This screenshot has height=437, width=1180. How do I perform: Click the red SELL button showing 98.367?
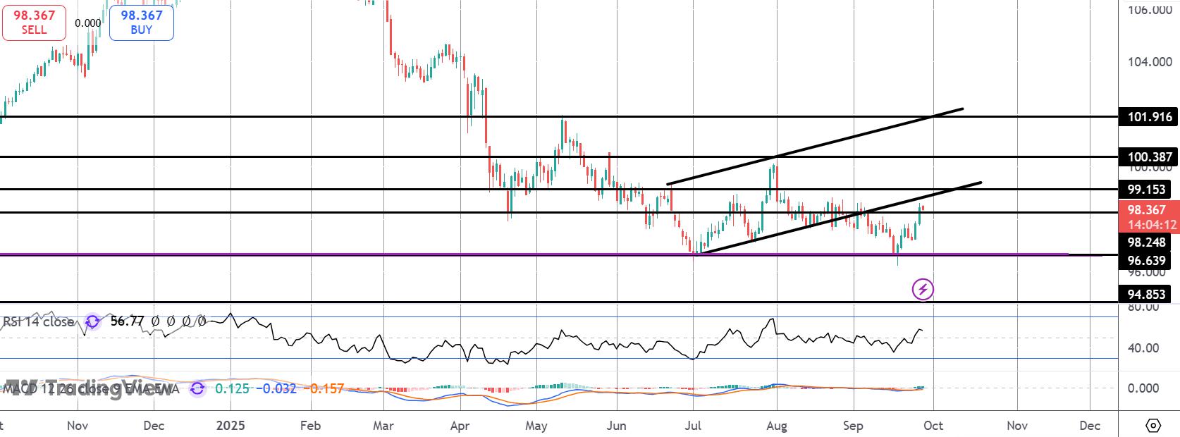coord(34,22)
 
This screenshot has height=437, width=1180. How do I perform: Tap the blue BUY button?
coord(141,22)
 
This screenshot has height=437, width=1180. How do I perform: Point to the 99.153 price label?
coord(1146,190)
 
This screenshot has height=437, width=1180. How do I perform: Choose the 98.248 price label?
coord(1148,242)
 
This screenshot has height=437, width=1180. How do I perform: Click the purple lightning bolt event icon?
coord(923,289)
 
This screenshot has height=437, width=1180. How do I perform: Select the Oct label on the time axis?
coord(933,426)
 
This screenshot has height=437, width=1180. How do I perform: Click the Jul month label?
coord(694,426)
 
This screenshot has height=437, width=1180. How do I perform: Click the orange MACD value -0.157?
coord(327,388)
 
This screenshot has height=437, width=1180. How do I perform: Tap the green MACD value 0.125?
coord(232,388)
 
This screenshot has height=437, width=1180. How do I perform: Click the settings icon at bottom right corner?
coord(1153,425)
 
